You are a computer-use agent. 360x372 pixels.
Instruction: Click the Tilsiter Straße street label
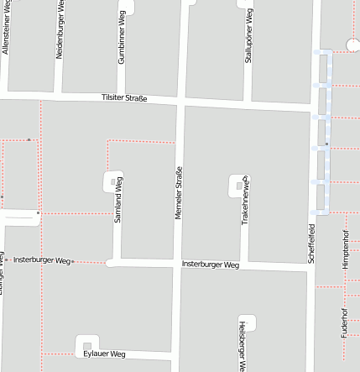123,98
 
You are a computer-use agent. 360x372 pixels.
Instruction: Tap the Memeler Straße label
178,194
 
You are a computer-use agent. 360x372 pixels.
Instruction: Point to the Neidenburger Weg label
60,29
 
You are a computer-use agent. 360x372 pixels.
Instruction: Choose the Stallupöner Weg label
248,39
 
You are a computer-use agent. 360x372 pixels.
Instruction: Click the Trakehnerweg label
245,199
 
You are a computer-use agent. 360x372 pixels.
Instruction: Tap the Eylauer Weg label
104,354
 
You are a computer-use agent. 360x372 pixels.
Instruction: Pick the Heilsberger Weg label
242,345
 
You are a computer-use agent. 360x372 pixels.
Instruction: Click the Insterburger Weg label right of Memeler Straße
210,265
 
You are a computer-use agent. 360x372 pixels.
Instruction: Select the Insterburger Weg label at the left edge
41,260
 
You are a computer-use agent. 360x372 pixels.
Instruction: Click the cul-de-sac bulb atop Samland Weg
112,181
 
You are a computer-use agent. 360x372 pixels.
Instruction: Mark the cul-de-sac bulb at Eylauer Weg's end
84,345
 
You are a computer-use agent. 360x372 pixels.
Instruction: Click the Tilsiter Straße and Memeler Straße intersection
180,102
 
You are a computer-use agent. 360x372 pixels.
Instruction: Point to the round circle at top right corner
353,45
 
